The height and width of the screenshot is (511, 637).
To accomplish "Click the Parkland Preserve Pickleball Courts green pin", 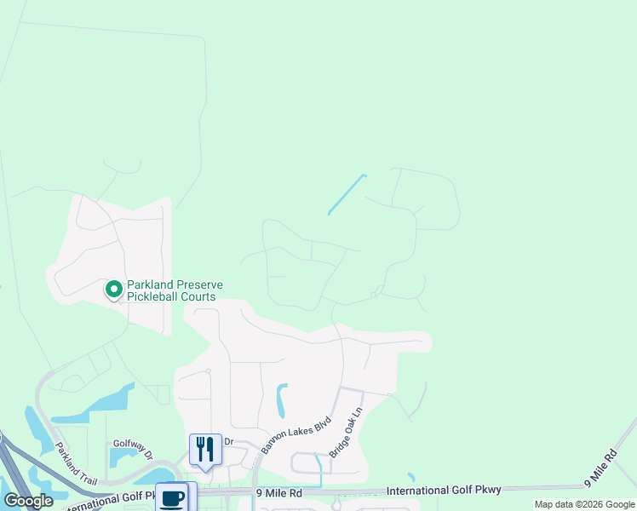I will [x=113, y=290].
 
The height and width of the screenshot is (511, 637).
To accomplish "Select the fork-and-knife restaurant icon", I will [x=205, y=449].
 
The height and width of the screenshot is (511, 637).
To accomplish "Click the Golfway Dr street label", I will [x=132, y=449].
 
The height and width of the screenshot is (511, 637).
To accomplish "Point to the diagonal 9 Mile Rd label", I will [x=600, y=469].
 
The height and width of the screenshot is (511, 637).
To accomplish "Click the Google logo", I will [x=28, y=501].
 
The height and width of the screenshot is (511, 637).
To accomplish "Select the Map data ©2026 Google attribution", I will [x=584, y=504].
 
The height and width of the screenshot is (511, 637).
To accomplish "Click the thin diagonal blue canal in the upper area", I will [x=346, y=195].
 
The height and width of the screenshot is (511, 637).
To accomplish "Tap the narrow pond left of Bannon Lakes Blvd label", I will [x=282, y=400].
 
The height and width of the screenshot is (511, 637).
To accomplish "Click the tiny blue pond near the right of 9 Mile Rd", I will [x=410, y=477].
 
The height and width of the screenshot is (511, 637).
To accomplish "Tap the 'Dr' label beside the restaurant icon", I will [x=228, y=441].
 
